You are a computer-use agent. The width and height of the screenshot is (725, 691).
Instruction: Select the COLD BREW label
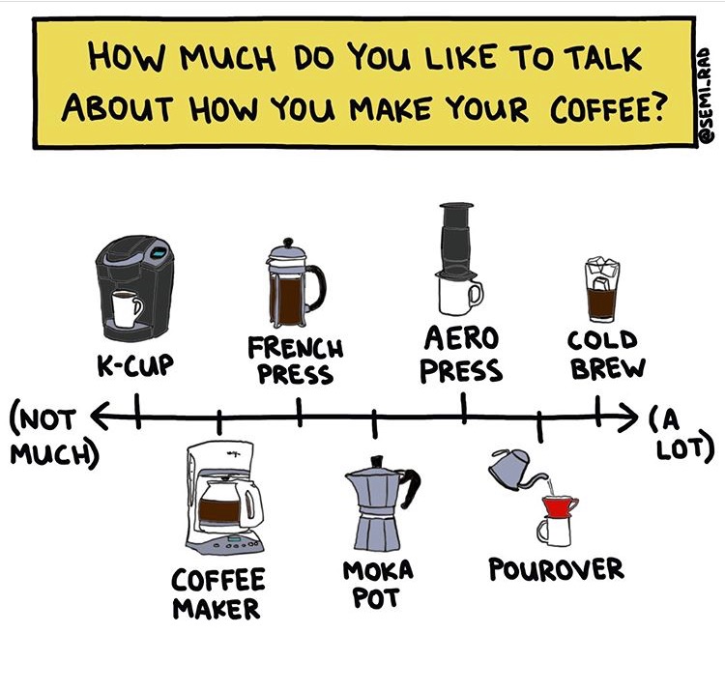pos(604,354)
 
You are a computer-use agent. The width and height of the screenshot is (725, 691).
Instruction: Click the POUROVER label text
pos(556,568)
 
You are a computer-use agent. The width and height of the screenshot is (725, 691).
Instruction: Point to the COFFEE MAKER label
pos(217,593)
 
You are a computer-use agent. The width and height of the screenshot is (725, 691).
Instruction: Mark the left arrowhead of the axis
pos(98,417)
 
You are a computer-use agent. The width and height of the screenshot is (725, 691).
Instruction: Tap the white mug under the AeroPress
pos(458,291)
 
